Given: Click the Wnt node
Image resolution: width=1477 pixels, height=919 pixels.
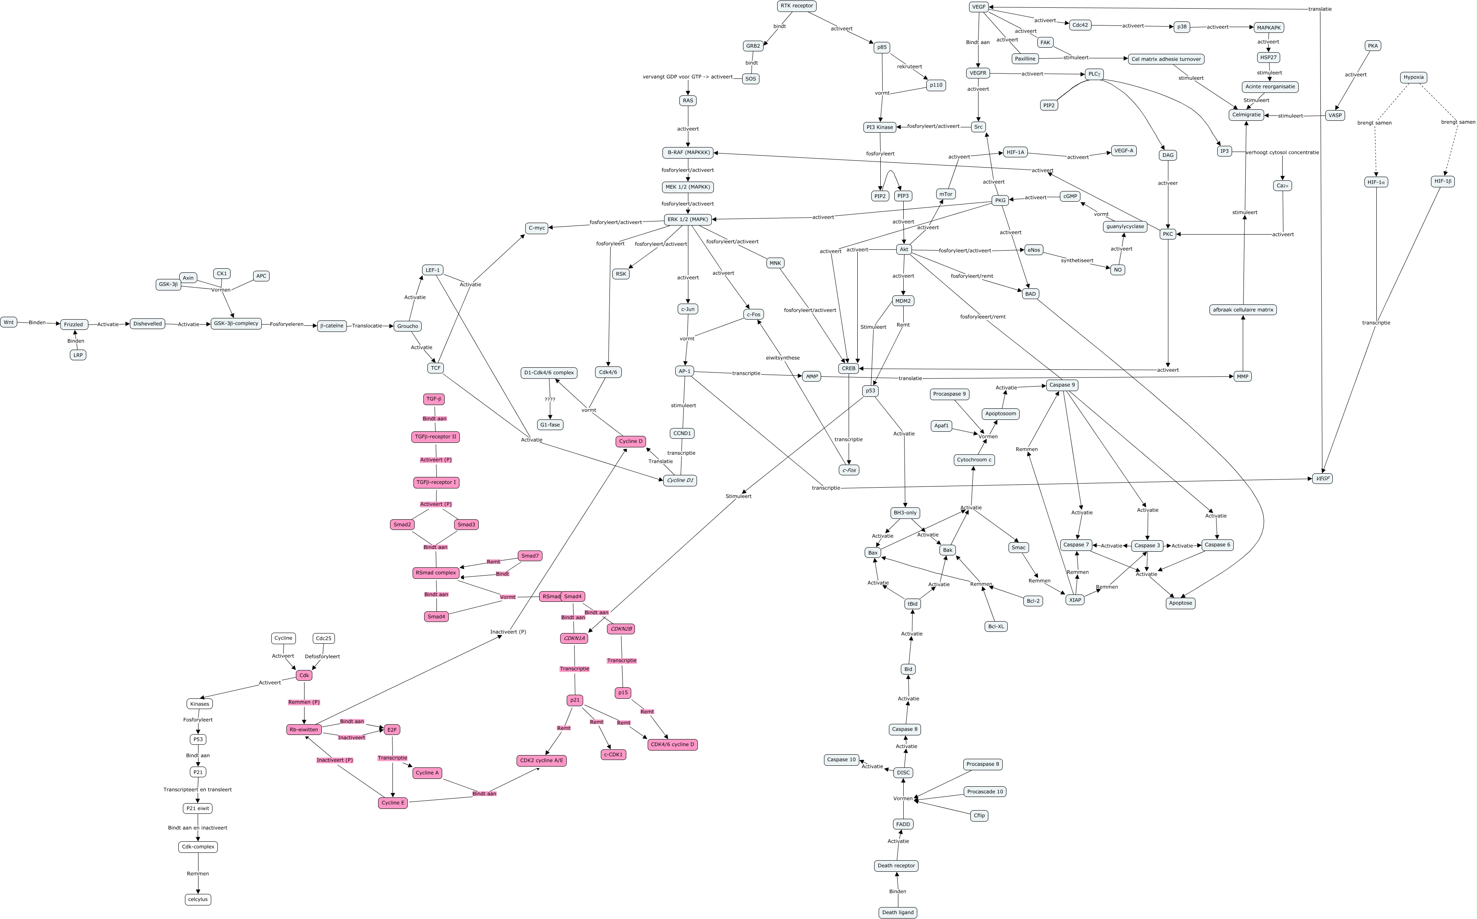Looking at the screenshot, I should [x=9, y=322].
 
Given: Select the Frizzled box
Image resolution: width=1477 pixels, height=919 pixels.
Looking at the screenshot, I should [x=74, y=325].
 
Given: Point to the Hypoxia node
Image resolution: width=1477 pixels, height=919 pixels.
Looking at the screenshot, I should [x=1413, y=77].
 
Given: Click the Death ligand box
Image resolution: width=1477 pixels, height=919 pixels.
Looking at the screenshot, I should [x=898, y=912].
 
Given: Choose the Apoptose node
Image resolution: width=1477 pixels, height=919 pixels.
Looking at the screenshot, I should [x=1180, y=603].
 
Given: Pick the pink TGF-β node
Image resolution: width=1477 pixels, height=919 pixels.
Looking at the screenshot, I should [x=434, y=399].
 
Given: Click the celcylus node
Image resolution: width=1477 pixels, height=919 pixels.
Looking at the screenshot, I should [x=198, y=899].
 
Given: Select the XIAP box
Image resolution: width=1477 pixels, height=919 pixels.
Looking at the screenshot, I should [x=1075, y=600].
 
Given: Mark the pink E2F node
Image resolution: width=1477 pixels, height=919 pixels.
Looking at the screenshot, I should [x=392, y=729].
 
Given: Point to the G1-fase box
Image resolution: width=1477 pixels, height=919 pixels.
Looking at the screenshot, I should [x=550, y=425].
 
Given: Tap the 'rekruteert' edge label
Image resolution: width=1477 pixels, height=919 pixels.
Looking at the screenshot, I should [x=910, y=67].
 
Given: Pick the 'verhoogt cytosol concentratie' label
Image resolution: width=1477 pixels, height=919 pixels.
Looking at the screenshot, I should [x=1283, y=152].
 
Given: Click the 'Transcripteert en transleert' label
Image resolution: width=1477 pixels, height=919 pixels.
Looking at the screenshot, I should [x=198, y=790].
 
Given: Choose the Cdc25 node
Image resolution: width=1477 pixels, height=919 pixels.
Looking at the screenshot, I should [x=323, y=638].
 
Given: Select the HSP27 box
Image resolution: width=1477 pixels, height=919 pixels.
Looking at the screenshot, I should [x=1269, y=57].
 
